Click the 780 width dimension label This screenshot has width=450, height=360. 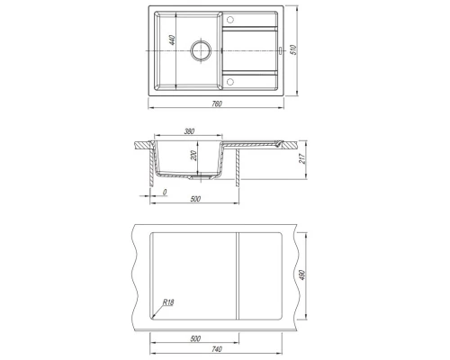coord(217,103)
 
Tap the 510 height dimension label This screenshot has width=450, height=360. coord(294,49)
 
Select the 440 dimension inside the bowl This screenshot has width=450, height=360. coord(172,40)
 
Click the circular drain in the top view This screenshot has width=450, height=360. coord(201,50)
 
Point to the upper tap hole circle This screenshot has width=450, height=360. coord(230,20)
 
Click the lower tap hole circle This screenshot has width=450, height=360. coord(230,82)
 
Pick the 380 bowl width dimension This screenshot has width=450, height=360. coord(189,131)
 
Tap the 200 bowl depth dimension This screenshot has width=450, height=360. coord(193,156)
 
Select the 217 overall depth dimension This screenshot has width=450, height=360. coord(302,158)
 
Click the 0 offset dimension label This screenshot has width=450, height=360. coord(165,193)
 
